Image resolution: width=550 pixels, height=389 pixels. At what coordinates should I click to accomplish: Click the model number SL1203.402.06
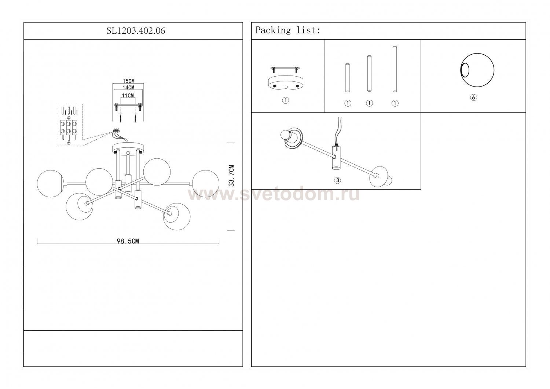coord(136,31)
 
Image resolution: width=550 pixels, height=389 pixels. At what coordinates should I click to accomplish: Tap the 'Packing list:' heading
coord(288,30)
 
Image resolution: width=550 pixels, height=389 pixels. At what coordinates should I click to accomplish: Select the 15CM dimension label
coord(128,81)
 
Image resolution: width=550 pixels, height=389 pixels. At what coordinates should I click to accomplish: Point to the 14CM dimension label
coord(128,87)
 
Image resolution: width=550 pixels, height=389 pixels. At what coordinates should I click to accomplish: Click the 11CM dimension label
coord(128,95)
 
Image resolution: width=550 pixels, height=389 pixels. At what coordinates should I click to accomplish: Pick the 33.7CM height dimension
coord(231,176)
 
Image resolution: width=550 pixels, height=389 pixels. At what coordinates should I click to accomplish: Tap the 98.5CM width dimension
coord(128,241)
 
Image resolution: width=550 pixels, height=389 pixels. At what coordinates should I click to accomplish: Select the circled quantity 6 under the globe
coord(474,98)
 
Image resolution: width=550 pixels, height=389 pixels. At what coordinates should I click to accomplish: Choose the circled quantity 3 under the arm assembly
coord(337,180)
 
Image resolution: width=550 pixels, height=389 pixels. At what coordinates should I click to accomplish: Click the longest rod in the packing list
coord(395,69)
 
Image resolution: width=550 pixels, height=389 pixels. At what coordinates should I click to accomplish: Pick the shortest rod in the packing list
coord(348,78)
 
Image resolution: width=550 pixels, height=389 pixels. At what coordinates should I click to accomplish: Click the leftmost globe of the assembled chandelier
coord(50,184)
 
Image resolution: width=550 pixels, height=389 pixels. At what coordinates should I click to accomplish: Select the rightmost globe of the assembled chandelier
coord(206,183)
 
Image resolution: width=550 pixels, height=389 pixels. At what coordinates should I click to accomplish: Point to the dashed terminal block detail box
coord(70,125)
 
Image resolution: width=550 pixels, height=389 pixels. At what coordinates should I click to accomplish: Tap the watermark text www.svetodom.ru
coord(274,195)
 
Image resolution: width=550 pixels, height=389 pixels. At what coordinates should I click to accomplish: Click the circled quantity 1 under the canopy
coord(285,100)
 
